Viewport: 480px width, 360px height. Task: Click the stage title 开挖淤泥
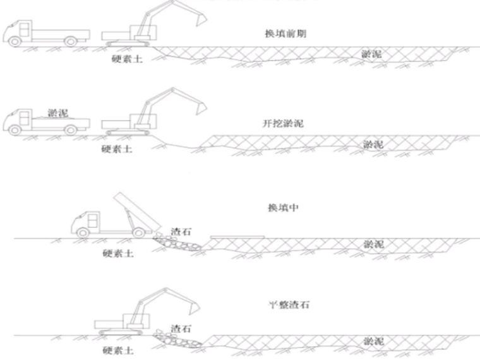[282, 124]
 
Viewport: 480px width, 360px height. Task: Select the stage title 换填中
[282, 208]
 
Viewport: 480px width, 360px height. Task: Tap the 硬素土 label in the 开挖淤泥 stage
[117, 150]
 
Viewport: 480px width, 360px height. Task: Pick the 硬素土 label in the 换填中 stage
[118, 254]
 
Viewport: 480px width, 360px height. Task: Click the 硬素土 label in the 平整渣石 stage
[118, 351]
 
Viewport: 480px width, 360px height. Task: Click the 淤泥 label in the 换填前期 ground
[371, 55]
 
